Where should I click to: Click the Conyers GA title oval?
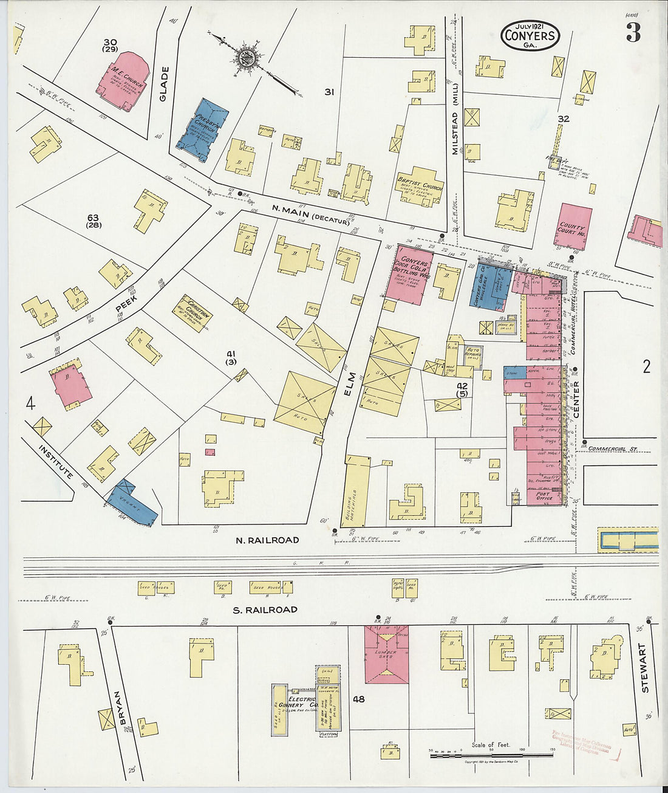[530, 35]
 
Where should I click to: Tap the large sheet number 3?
[633, 33]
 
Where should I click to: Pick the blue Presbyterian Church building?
[203, 130]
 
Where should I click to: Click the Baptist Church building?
[419, 186]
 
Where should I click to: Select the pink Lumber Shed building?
[386, 654]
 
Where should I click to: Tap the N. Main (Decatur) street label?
[310, 215]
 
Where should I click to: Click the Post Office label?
[543, 498]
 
